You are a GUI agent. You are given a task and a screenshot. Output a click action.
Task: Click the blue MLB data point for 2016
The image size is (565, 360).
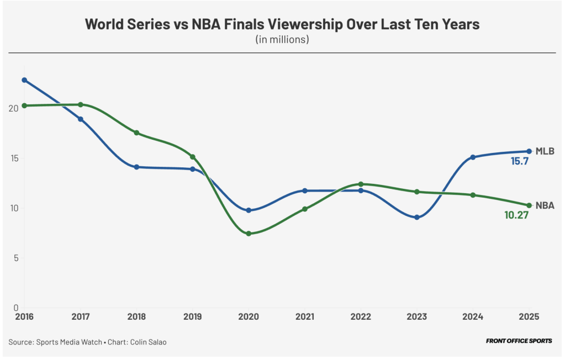[24, 80]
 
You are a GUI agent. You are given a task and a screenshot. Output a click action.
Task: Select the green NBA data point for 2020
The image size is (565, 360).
[249, 234]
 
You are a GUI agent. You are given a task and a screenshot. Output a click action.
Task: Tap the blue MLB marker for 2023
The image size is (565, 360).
[417, 218]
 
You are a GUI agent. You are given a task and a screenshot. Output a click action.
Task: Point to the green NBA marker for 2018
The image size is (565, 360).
[136, 133]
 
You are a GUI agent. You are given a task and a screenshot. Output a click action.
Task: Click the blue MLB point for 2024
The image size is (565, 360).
[473, 157]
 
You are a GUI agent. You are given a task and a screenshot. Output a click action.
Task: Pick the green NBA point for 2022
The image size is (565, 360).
[361, 184]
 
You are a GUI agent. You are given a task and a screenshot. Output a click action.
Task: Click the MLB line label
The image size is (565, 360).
[545, 151]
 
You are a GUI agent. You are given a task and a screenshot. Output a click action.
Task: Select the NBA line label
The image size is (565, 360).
[545, 205]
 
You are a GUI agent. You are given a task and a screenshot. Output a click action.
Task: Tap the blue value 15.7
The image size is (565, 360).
[519, 162]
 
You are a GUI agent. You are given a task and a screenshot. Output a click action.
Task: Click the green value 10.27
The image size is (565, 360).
[516, 216]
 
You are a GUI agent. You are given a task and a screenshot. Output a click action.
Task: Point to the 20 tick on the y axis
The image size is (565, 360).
[13, 108]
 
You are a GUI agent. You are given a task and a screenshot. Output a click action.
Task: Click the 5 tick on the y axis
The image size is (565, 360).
[16, 258]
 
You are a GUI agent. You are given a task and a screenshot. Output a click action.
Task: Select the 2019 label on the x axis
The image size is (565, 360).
[192, 317]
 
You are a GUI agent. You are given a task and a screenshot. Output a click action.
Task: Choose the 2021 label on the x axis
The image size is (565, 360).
[304, 317]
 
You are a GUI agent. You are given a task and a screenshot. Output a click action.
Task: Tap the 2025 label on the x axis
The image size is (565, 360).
[529, 317]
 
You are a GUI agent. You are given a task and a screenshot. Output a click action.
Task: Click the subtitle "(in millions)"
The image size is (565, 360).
[282, 40]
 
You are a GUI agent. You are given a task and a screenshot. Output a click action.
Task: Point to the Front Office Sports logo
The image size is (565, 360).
[519, 341]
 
